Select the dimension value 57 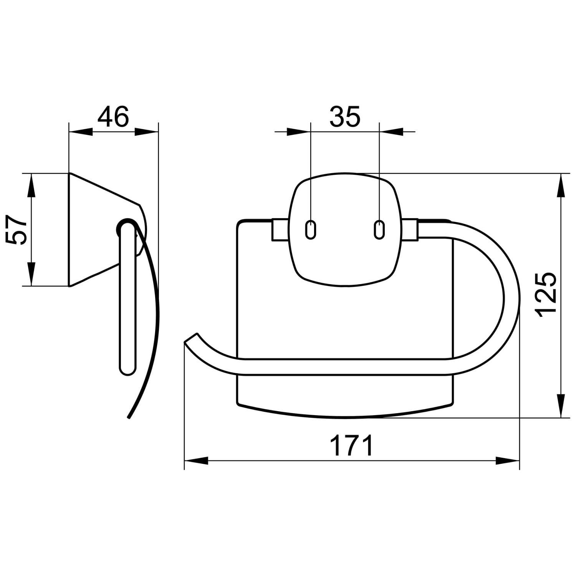click(17, 230)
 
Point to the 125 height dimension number click(547, 295)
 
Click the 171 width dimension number click(352, 445)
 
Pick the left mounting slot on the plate click(311, 230)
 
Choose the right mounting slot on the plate click(379, 230)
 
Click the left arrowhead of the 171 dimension click(196, 460)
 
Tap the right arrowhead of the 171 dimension click(508, 460)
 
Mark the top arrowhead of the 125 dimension click(562, 185)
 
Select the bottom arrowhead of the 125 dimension click(562, 406)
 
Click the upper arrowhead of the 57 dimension click(31, 185)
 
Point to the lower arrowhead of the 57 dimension click(31, 274)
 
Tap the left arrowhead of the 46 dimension click(81, 132)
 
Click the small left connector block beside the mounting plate click(280, 230)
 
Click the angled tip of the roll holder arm click(190, 338)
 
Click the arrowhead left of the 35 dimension click(299, 132)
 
